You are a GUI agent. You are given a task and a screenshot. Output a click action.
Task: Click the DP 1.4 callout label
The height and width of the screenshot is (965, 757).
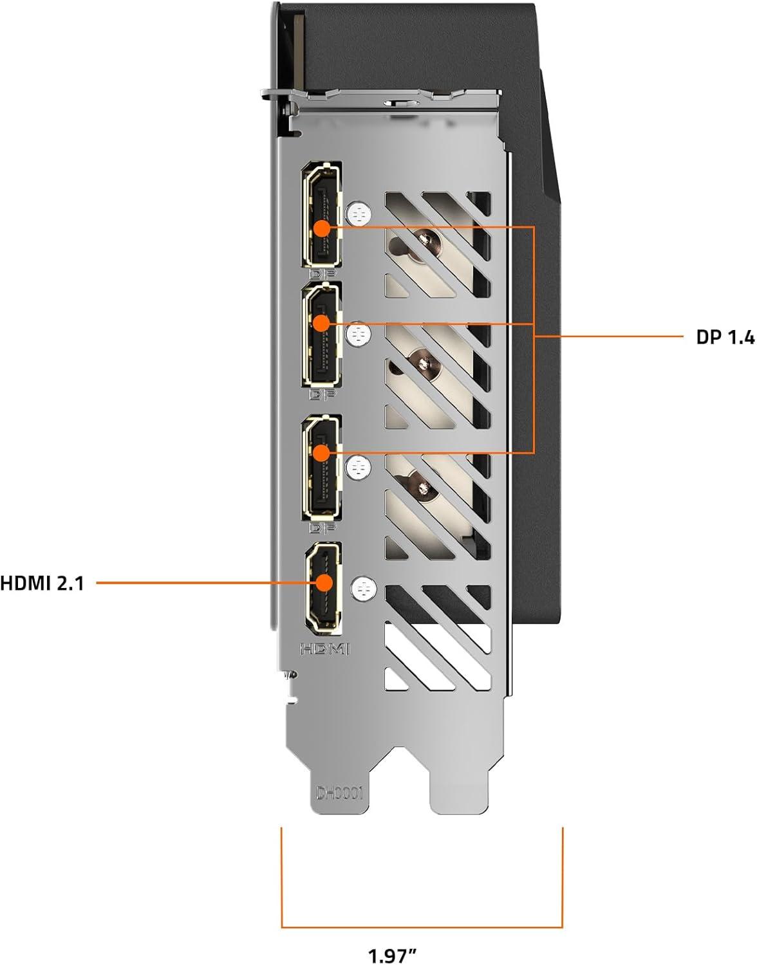point(725,338)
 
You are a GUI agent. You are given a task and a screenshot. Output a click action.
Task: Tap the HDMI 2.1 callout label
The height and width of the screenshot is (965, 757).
point(42,583)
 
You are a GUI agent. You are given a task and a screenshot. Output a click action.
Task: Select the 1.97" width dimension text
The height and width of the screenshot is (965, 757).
point(393,952)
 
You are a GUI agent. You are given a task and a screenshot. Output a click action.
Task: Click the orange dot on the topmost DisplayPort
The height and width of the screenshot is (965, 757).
point(322,229)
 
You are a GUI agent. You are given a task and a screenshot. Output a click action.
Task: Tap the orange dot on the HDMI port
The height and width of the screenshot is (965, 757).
point(325,582)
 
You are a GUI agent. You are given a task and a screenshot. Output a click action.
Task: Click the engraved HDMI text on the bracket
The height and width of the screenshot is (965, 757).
point(325,649)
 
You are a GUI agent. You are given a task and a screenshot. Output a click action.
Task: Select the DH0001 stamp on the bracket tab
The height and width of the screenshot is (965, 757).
point(339,793)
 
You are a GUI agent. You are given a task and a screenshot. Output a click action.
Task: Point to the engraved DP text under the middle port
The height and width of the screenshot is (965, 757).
point(322,394)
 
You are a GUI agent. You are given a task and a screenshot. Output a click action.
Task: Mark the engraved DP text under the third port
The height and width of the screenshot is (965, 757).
point(322,528)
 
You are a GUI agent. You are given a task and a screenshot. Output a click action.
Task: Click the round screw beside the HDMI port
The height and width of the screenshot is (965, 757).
point(364,589)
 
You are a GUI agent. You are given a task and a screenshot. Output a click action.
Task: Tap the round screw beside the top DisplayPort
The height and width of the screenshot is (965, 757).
point(359,214)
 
